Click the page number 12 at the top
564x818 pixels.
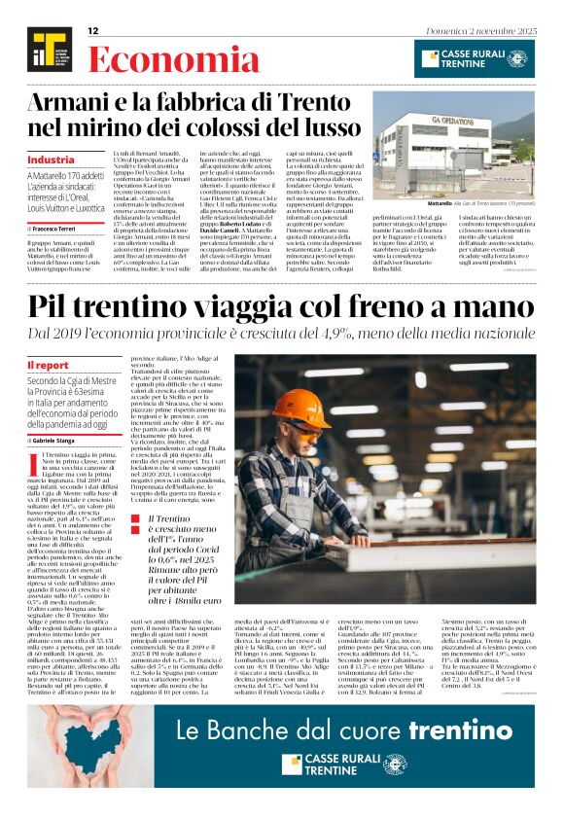pyautogui.click(x=93, y=31)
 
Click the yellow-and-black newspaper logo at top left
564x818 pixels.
pyautogui.click(x=49, y=51)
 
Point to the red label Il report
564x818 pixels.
pyautogui.click(x=48, y=365)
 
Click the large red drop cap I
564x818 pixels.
pyautogui.click(x=34, y=458)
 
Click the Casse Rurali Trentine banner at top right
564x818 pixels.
pyautogui.click(x=474, y=58)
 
